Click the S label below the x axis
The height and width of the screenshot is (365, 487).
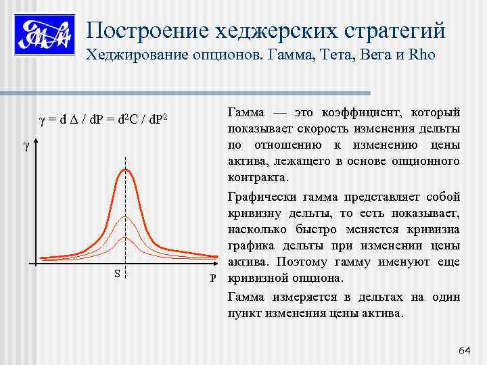118,274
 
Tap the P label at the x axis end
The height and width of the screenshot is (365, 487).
213,278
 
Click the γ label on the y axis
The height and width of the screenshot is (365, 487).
26,146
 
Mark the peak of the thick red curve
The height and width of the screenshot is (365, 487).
125,169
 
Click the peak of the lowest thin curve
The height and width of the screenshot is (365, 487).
125,238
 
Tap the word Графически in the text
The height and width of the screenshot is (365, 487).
260,197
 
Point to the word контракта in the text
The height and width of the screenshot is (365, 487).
258,177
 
